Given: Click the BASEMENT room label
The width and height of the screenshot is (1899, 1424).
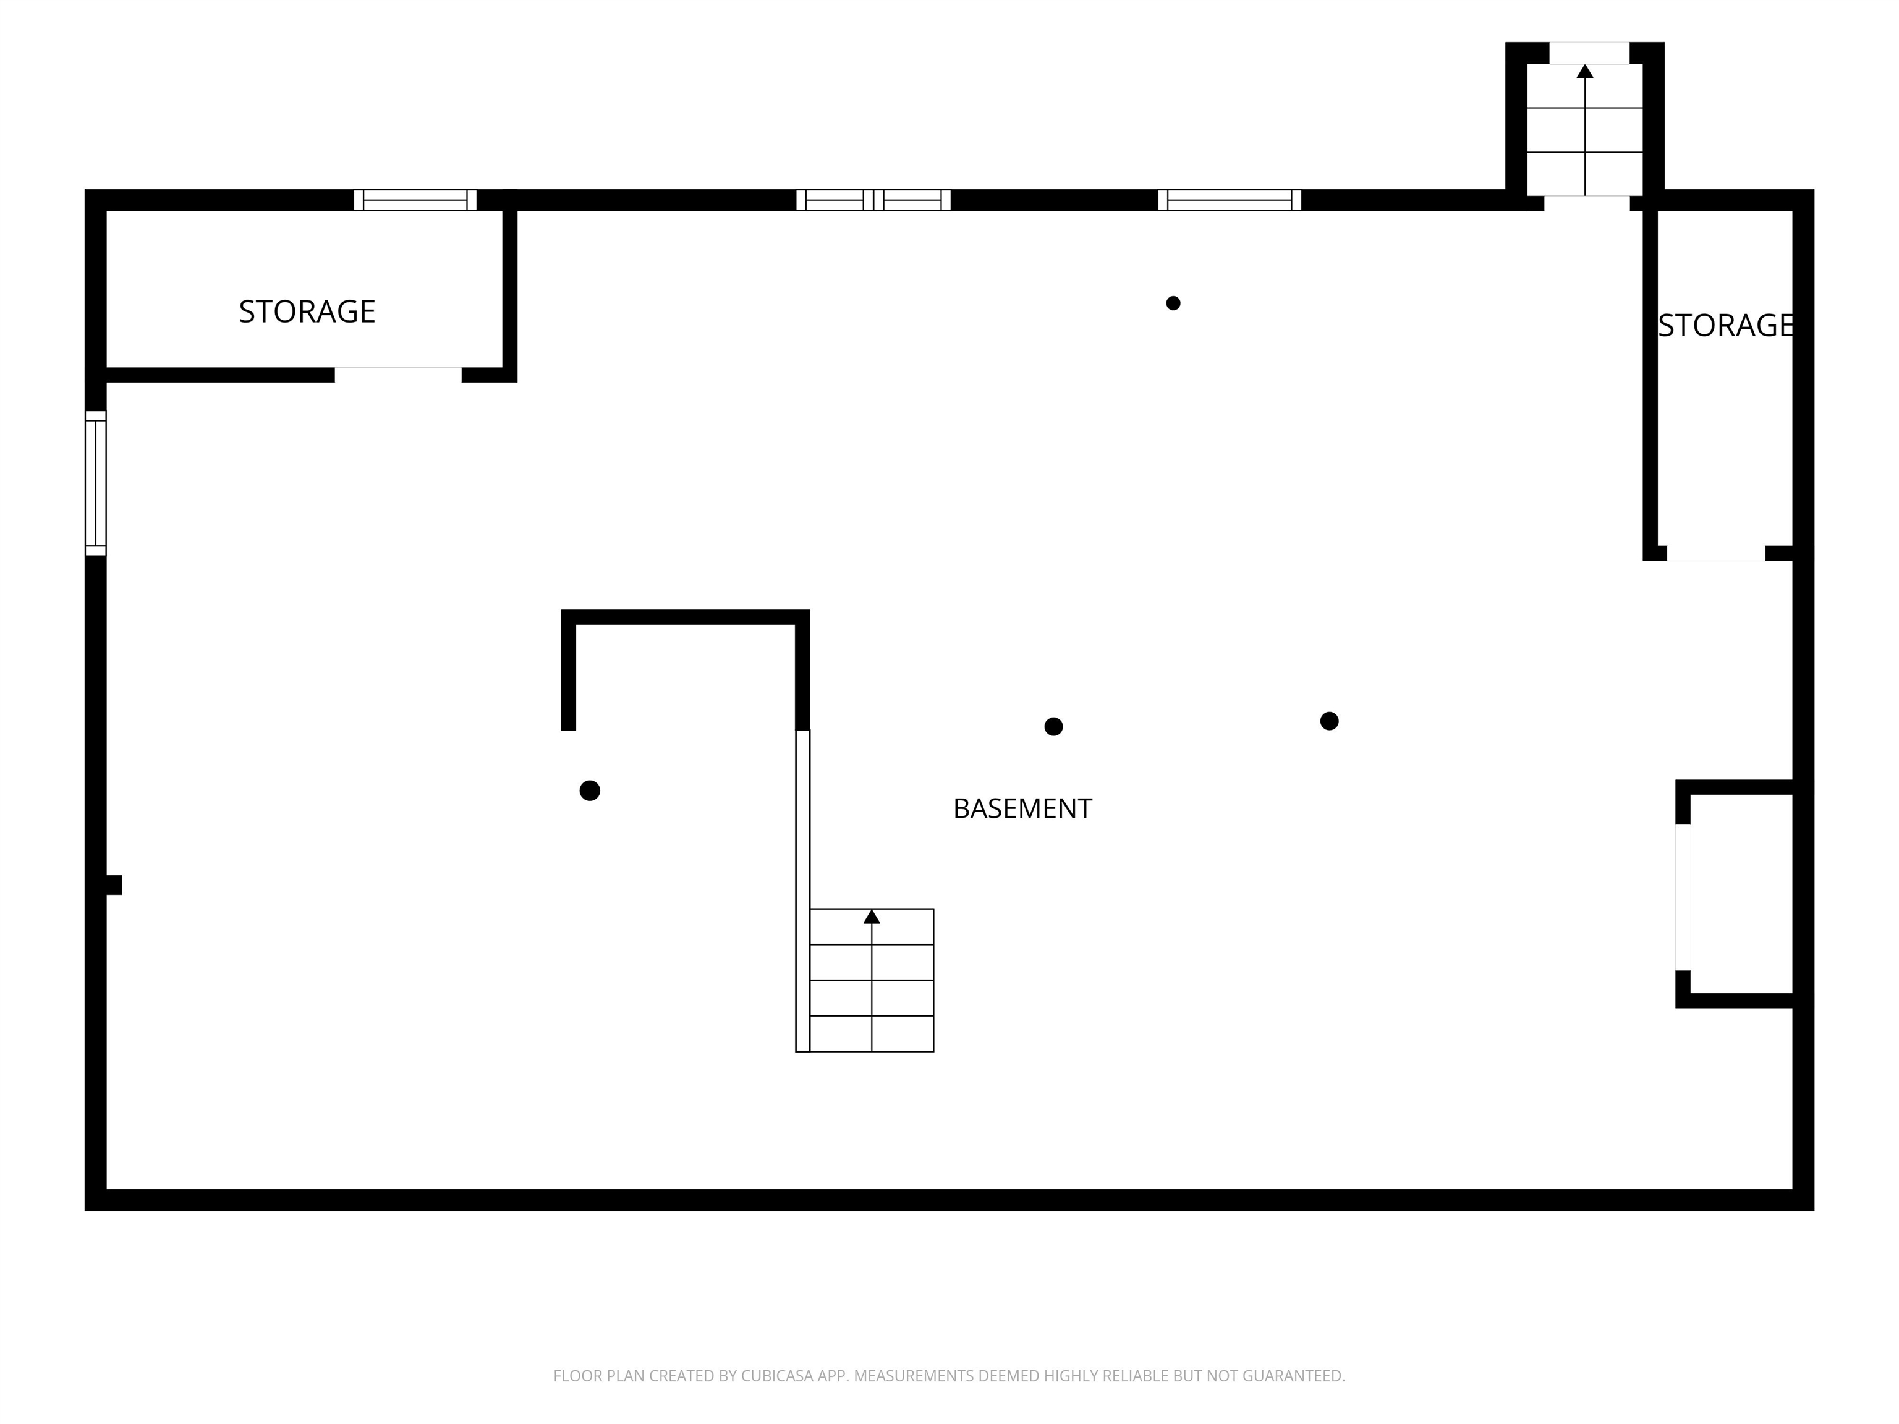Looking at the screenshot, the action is point(1022,808).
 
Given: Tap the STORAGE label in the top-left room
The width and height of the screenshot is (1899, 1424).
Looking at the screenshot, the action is point(307,311).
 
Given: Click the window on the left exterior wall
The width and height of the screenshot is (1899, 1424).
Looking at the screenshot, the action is point(95,483).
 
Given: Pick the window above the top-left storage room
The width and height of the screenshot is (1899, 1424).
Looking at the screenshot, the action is point(415,200).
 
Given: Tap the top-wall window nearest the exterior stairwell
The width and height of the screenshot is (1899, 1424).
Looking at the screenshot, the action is point(1230,200).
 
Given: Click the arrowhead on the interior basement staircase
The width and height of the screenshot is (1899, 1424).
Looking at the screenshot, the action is point(872,917).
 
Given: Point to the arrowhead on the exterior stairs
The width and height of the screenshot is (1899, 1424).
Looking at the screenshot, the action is point(1585,71).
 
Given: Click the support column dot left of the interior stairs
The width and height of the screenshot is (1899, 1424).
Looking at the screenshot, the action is point(590,790).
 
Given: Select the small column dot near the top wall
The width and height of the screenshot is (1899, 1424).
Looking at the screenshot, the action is point(1173,303).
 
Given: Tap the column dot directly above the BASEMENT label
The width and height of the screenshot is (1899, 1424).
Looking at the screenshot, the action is point(1053,727).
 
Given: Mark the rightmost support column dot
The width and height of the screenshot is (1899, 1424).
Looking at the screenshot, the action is point(1329,721).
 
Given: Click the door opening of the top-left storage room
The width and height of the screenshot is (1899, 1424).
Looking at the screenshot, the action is point(398,375).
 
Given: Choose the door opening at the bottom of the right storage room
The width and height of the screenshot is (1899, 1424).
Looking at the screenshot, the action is point(1716,554).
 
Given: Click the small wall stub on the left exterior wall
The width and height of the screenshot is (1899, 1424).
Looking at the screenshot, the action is point(113,885).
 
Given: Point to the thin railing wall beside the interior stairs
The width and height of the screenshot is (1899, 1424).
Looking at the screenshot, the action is point(803,891).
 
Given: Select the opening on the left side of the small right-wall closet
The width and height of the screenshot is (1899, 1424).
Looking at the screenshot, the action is point(1683,897).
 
